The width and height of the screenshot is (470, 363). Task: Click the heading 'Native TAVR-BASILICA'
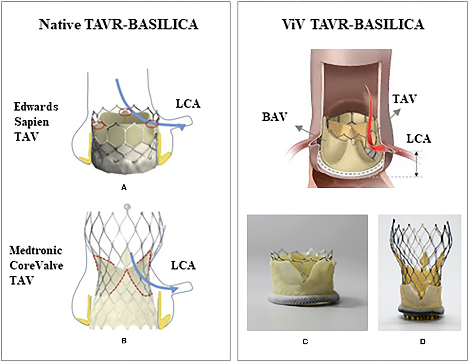(x=119, y=25)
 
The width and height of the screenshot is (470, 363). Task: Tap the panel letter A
(x=124, y=188)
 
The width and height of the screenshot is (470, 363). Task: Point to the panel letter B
(x=124, y=341)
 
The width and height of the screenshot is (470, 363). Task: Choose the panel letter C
(x=305, y=342)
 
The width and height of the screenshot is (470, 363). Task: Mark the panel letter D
(x=423, y=342)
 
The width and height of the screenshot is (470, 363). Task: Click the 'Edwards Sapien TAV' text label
(x=36, y=122)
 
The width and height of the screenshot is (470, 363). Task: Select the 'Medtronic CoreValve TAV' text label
(x=36, y=265)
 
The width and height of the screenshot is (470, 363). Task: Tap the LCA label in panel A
(x=188, y=104)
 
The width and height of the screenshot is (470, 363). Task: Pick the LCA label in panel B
(x=183, y=265)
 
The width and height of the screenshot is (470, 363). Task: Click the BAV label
(x=275, y=117)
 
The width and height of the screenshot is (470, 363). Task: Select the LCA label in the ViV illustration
(x=418, y=139)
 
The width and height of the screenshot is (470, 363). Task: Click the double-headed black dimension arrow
(x=416, y=164)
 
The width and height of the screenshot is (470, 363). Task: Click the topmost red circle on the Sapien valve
(x=124, y=112)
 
